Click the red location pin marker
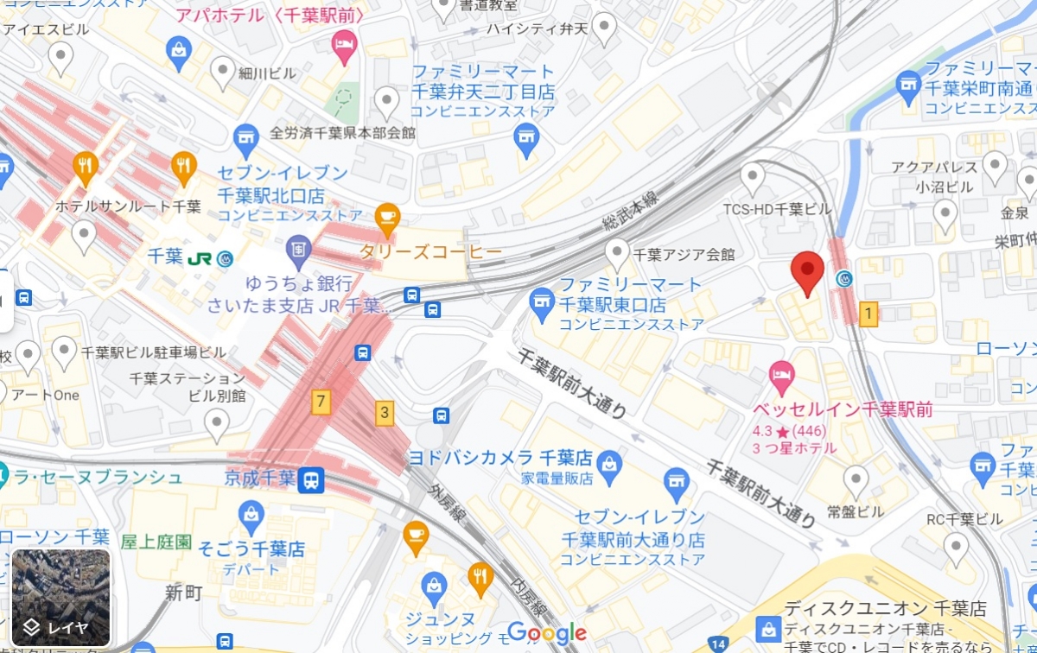pyautogui.click(x=808, y=272)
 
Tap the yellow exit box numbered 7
pyautogui.click(x=321, y=401)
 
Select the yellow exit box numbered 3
pyautogui.click(x=384, y=413)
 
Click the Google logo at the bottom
pyautogui.click(x=546, y=633)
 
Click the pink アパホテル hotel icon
pyautogui.click(x=345, y=45)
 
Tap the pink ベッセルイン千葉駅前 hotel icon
pyautogui.click(x=781, y=374)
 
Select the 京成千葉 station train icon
pyautogui.click(x=311, y=479)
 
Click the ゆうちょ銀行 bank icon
pyautogui.click(x=298, y=248)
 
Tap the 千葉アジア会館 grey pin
pyautogui.click(x=617, y=252)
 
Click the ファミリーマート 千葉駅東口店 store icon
pyautogui.click(x=541, y=301)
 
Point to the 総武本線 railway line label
pyautogui.click(x=630, y=214)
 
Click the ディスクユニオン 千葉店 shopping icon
pyautogui.click(x=767, y=629)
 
